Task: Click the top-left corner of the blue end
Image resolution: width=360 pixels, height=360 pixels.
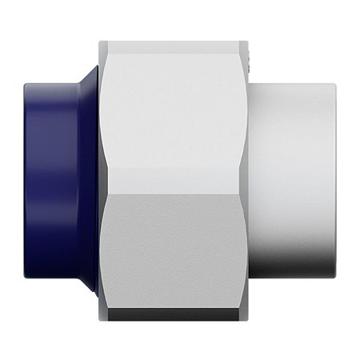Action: (29, 80)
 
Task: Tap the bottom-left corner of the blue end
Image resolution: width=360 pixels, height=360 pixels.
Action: (29, 280)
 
